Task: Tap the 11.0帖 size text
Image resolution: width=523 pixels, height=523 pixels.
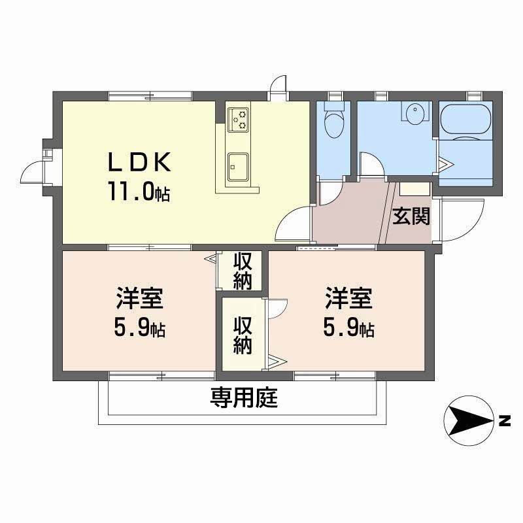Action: click(x=139, y=192)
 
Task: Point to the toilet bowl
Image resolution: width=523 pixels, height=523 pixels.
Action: click(x=333, y=124)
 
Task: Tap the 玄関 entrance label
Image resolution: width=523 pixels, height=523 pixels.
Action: click(x=411, y=216)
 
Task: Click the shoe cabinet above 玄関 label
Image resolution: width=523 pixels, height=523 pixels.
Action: click(x=414, y=189)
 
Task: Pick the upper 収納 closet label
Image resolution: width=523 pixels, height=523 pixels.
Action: click(x=243, y=271)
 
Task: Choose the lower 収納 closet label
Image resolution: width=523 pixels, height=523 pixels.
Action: click(x=243, y=333)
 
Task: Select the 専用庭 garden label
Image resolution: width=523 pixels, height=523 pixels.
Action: click(x=243, y=397)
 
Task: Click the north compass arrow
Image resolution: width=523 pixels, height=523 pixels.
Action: click(x=469, y=420)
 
